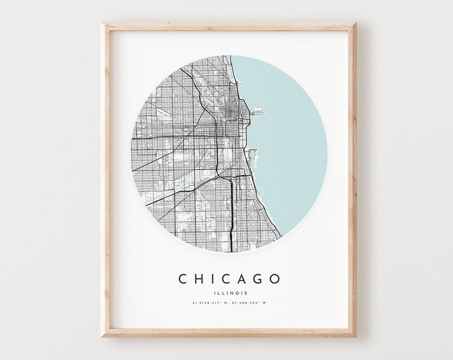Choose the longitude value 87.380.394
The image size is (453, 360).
click(248, 303)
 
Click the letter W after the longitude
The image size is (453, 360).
click(269, 303)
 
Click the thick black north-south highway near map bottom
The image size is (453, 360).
click(231, 213)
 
